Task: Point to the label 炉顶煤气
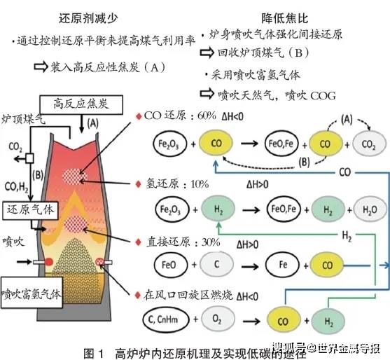coord(24,121)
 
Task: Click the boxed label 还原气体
coord(29,209)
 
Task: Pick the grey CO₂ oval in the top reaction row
coord(367,146)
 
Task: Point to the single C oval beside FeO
coord(214,263)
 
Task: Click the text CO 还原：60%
coord(185,115)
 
